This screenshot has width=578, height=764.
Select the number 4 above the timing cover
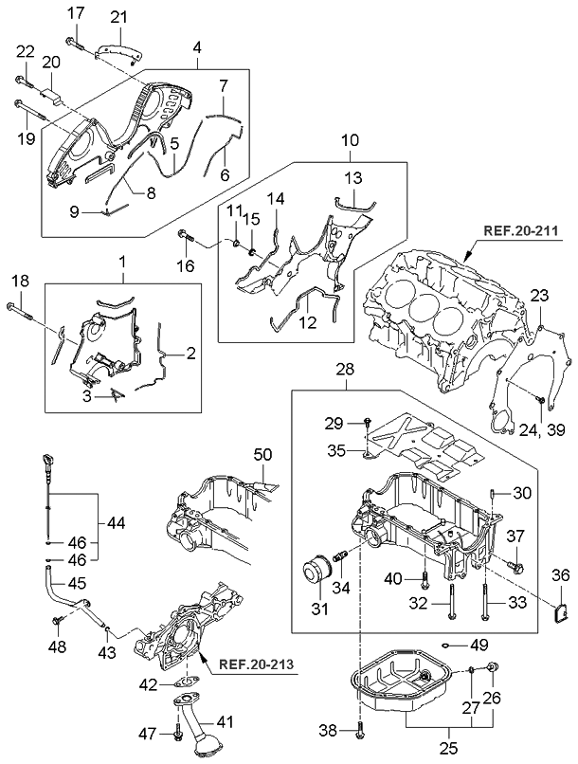(196, 45)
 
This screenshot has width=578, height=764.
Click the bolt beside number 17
(76, 42)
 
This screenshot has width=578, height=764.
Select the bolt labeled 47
(178, 732)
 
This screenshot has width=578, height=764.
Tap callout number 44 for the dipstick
(116, 523)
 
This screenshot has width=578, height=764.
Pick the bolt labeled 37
(516, 567)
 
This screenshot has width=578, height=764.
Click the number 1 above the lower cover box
(122, 259)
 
